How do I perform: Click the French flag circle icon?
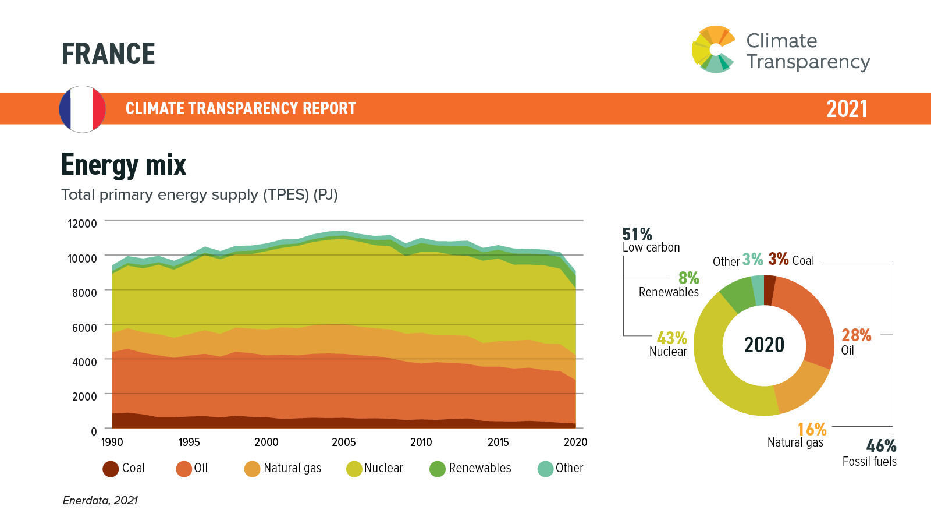point(83,109)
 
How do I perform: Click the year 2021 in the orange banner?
point(847,109)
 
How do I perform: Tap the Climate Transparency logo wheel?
point(713,49)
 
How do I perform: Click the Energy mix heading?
point(123,165)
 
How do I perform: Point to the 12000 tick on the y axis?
point(82,224)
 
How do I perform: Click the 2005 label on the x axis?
point(343,442)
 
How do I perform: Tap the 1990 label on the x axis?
point(112,442)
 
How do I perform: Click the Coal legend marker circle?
point(111,469)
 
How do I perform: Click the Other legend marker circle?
point(545,469)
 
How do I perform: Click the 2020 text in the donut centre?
point(764,345)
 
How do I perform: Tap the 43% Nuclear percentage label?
point(671,338)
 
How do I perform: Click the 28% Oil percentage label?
point(856,335)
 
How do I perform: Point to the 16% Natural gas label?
point(812,430)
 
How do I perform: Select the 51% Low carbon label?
point(637,235)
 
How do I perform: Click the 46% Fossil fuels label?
point(881,447)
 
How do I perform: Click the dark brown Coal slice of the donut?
point(769,289)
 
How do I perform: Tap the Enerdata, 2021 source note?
point(100,500)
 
